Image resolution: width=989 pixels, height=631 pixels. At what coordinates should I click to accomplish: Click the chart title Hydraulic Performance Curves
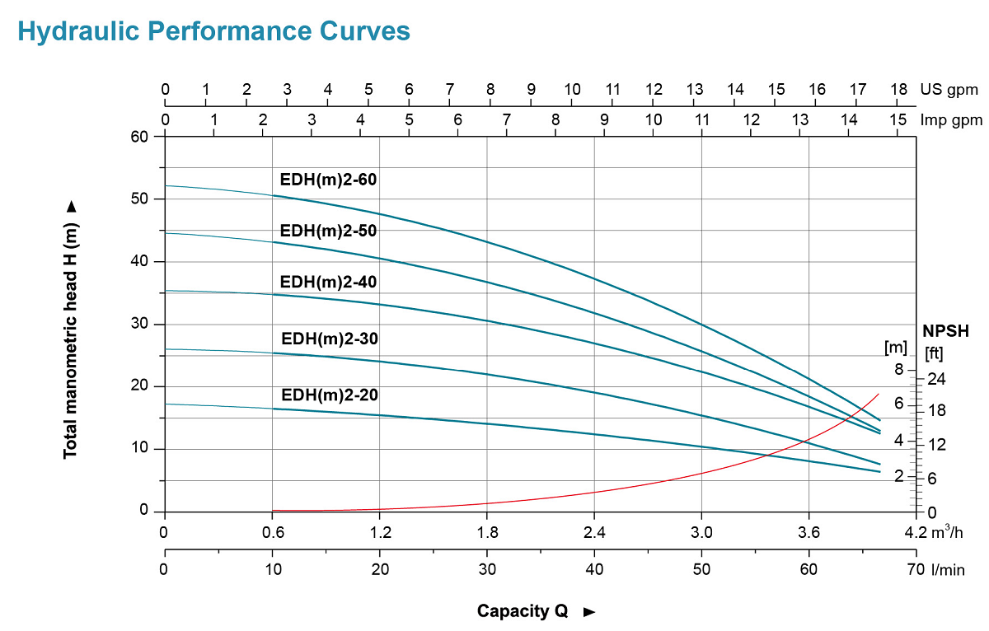(x=213, y=31)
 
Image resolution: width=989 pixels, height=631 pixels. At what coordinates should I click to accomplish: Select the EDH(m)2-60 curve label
(x=328, y=180)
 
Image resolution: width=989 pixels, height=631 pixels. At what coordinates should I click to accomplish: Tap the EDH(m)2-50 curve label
(x=328, y=231)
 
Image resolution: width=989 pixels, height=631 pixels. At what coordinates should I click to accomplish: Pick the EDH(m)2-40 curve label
(x=328, y=282)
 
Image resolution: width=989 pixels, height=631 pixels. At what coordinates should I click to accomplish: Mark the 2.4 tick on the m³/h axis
(x=594, y=531)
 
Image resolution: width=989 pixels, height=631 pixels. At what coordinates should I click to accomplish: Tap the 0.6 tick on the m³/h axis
(x=272, y=531)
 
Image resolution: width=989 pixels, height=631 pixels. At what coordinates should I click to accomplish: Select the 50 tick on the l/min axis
(x=701, y=568)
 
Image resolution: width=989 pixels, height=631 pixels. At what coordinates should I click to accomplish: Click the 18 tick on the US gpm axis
(x=898, y=89)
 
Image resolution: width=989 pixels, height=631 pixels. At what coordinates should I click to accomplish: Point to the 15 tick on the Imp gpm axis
(x=898, y=119)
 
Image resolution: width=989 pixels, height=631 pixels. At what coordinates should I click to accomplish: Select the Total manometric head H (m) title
(x=71, y=330)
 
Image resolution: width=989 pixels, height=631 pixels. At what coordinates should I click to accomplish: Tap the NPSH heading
(x=945, y=332)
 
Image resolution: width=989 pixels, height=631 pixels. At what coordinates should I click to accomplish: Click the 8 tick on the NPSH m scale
(x=899, y=368)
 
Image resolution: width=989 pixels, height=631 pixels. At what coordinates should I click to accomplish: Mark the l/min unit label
(x=947, y=568)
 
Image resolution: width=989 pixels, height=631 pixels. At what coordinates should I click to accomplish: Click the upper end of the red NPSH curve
(x=879, y=394)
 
